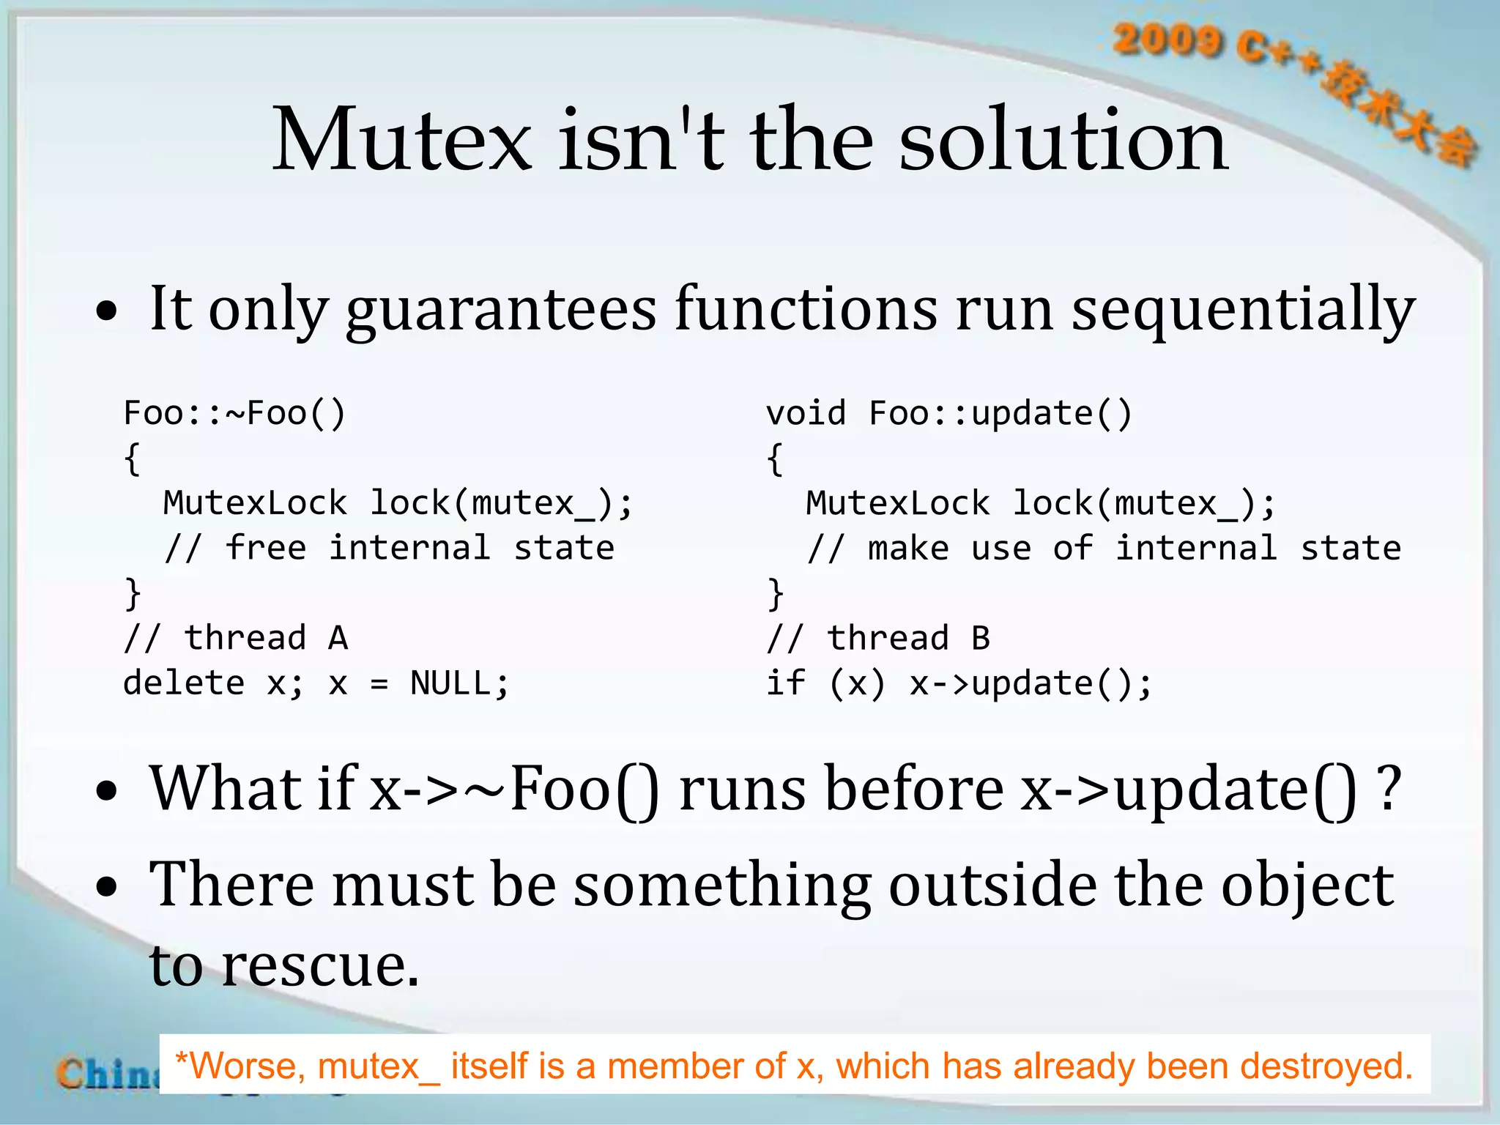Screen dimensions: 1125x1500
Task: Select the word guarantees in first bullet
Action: pyautogui.click(x=500, y=310)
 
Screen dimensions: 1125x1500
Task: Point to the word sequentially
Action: pyautogui.click(x=1242, y=310)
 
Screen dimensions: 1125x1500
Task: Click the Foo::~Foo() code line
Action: pyautogui.click(x=234, y=414)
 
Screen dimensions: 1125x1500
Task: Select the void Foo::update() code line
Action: pyautogui.click(x=949, y=414)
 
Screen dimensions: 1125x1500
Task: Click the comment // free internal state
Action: pyautogui.click(x=389, y=549)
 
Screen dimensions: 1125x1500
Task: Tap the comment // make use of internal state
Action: pyautogui.click(x=1104, y=549)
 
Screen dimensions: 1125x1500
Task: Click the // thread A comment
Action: pyautogui.click(x=236, y=639)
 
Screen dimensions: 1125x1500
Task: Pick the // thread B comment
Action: pyautogui.click(x=878, y=639)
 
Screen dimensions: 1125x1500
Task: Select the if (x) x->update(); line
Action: pyautogui.click(x=959, y=684)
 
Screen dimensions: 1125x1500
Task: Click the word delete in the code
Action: pyautogui.click(x=184, y=684)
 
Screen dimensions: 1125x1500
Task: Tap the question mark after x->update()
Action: pyautogui.click(x=1388, y=790)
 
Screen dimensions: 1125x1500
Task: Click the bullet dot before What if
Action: pyautogui.click(x=107, y=792)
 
